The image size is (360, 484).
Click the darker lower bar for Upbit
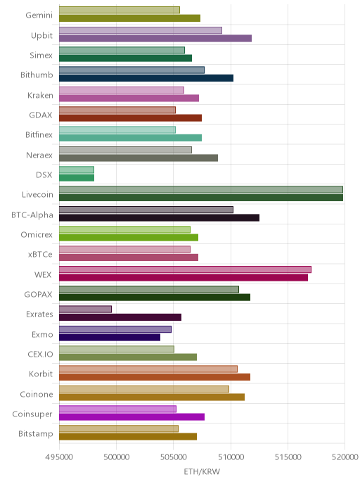[155, 38]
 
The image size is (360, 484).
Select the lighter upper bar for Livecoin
[201, 189]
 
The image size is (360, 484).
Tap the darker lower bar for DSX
[77, 178]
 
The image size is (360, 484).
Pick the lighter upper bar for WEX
[185, 269]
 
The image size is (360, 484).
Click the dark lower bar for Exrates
[120, 317]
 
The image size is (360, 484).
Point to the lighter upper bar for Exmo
[115, 329]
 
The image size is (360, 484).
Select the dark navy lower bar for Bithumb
[146, 78]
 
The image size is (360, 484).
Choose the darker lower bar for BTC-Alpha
[159, 218]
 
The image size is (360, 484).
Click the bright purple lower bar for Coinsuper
[131, 417]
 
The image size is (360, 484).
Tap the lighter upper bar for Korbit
[148, 369]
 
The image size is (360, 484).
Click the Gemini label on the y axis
[39, 15]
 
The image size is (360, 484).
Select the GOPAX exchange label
[38, 295]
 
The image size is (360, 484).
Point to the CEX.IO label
[40, 354]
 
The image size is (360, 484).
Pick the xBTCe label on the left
[40, 255]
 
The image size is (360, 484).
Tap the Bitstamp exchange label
[35, 434]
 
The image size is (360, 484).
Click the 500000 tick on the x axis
[116, 457]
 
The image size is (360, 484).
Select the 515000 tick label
[288, 457]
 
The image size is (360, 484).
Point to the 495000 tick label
[59, 457]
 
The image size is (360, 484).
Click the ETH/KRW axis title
[202, 471]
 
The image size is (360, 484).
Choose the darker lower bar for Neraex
[139, 158]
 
